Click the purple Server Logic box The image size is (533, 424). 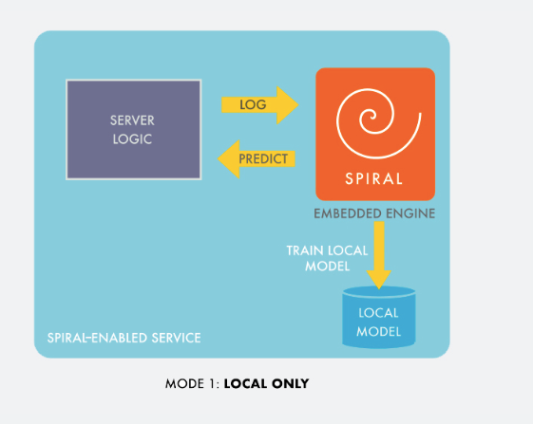tap(134, 129)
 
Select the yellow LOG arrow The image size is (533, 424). tap(260, 105)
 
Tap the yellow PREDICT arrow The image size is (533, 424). tap(257, 158)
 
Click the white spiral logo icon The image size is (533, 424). tap(379, 123)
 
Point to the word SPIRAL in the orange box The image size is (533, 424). tap(374, 179)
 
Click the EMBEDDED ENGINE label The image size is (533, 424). tap(374, 213)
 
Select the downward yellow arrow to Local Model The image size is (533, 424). tap(379, 255)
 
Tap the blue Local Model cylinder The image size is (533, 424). tap(379, 318)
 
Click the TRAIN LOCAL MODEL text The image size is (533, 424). tap(327, 258)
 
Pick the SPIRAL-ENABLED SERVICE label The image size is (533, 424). tap(124, 338)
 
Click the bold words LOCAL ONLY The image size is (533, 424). tap(266, 384)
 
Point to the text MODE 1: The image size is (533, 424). tap(192, 384)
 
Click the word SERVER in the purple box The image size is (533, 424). tap(132, 120)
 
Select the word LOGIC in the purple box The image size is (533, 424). tap(132, 139)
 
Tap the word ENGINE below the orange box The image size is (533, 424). tap(410, 213)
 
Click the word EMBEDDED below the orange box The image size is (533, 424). tap(348, 213)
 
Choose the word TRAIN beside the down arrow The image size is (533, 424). tap(305, 250)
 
